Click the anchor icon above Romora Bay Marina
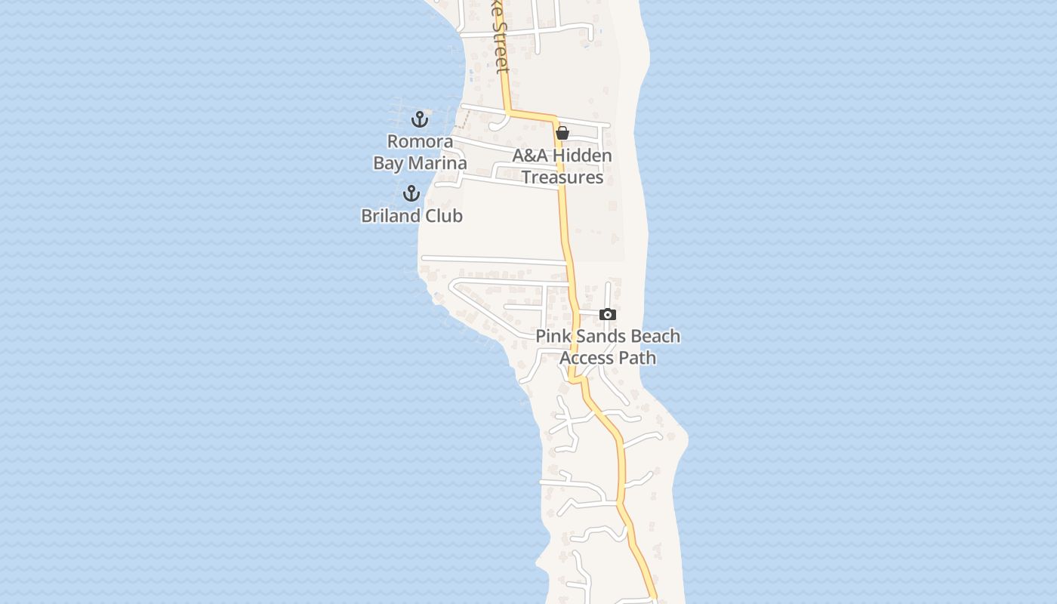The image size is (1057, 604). (420, 119)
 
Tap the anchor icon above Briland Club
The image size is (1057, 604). (411, 193)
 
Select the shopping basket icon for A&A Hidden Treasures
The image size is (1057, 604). (562, 134)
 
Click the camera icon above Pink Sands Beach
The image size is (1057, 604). (608, 314)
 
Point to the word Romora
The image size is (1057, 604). (420, 141)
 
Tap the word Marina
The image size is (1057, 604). (437, 163)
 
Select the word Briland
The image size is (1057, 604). (390, 215)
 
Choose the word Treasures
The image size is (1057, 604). (562, 177)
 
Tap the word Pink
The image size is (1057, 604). (553, 336)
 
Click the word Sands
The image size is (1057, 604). (598, 336)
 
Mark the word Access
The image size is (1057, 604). (585, 357)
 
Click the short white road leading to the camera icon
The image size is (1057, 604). (587, 313)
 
